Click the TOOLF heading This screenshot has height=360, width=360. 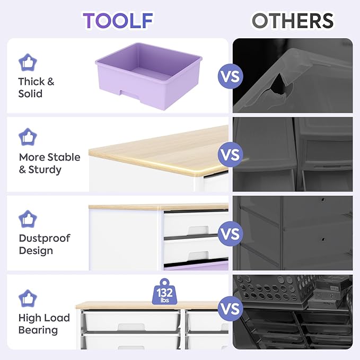(x=118, y=21)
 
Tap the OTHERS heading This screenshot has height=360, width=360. (x=293, y=21)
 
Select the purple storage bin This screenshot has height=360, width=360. (x=149, y=76)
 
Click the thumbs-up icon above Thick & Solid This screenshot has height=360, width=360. (x=28, y=63)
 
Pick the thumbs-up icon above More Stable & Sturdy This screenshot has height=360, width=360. (x=28, y=137)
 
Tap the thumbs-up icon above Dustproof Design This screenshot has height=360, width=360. (x=28, y=219)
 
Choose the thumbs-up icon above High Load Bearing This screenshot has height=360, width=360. (x=28, y=298)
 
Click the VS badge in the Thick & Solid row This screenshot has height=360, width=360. (x=230, y=76)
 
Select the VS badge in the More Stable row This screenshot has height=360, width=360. (x=230, y=154)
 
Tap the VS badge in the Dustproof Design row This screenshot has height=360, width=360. (x=230, y=234)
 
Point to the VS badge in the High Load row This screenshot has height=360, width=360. (x=230, y=309)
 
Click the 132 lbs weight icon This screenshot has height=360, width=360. (x=164, y=292)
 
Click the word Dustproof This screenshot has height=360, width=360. (x=45, y=239)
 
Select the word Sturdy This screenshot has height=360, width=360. (x=45, y=170)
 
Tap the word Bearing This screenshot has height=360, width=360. (x=38, y=330)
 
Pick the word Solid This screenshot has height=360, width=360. (x=30, y=94)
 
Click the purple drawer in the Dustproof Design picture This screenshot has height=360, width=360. (x=196, y=266)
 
